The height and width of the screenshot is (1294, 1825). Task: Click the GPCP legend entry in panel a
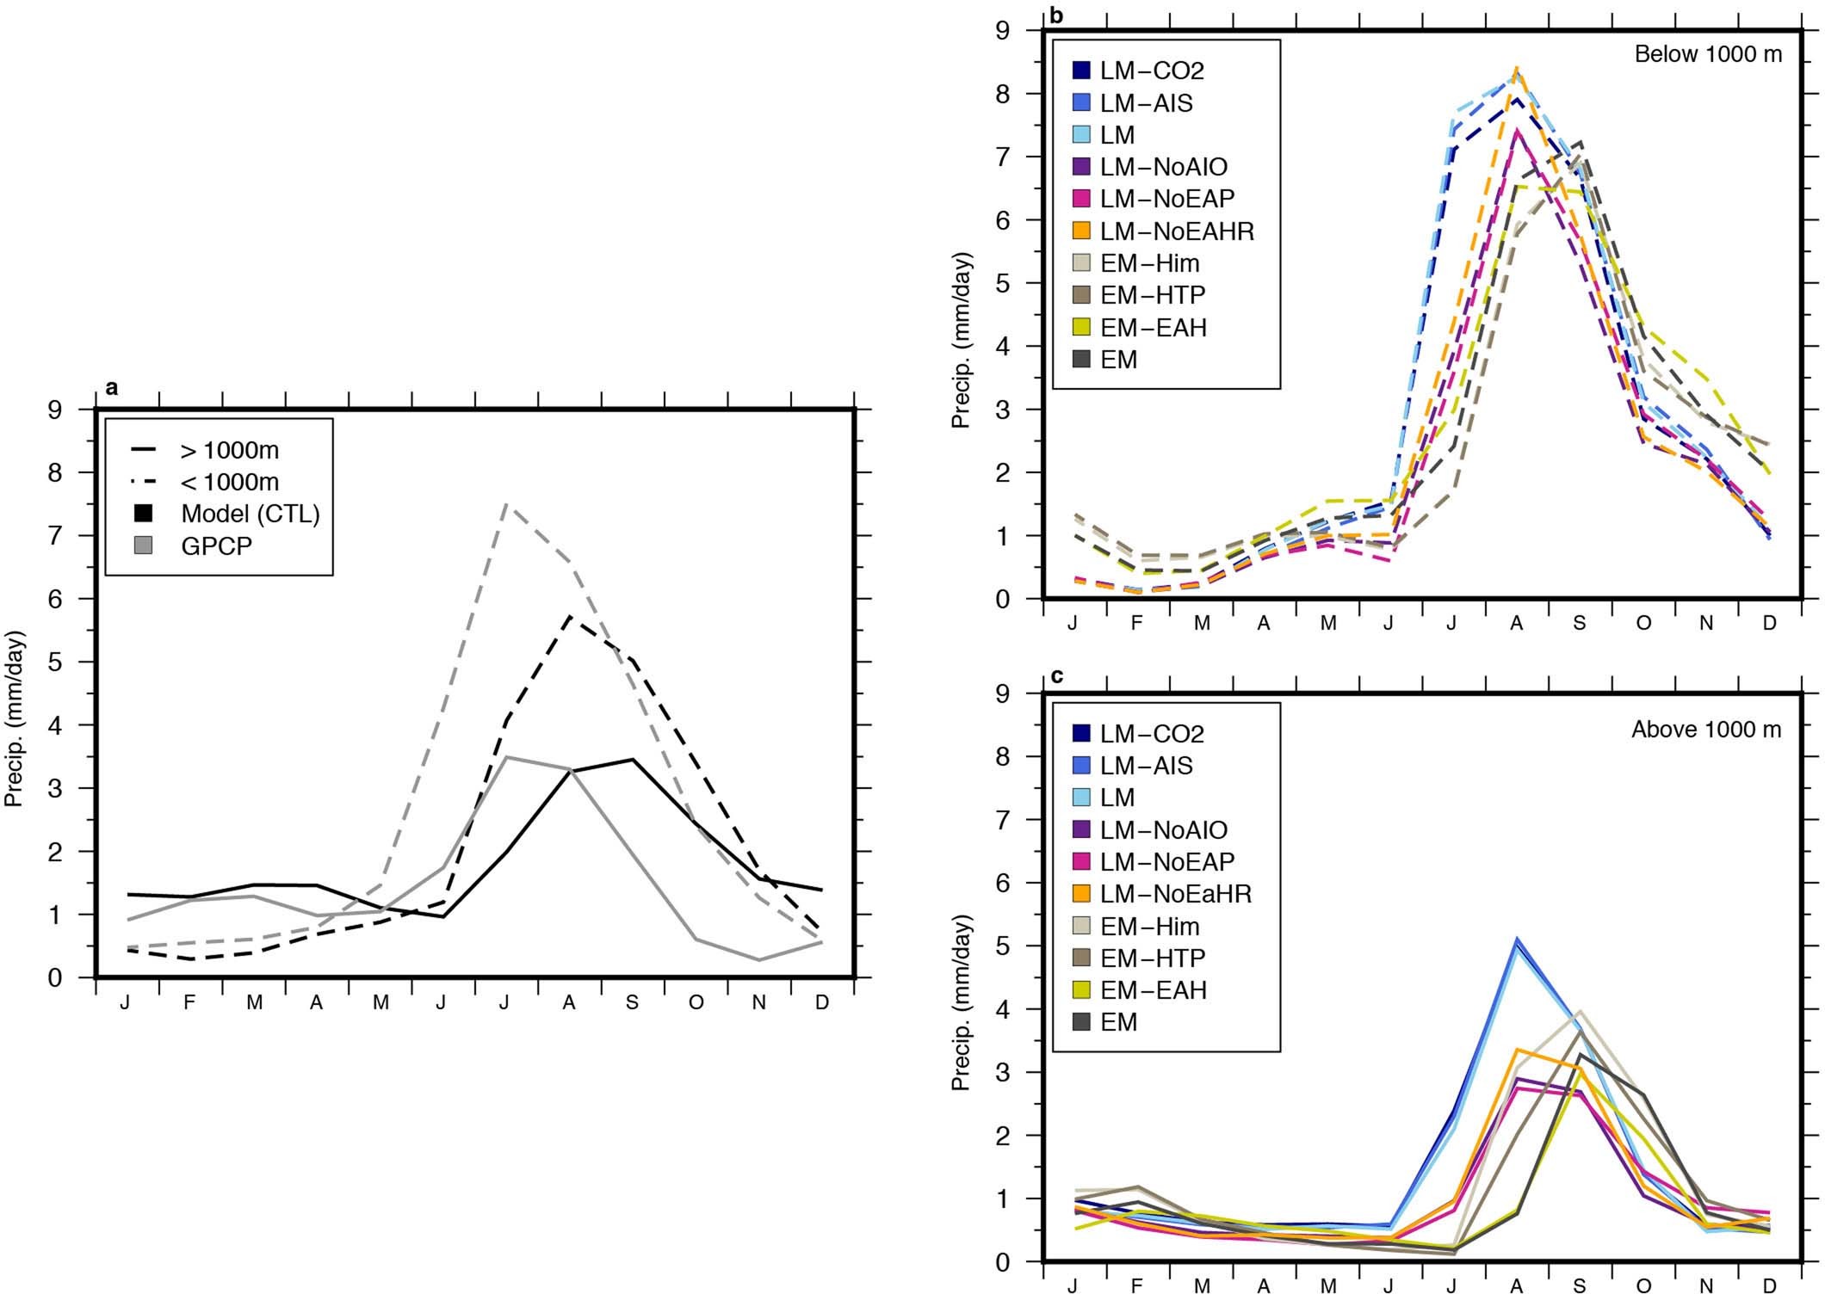click(x=216, y=545)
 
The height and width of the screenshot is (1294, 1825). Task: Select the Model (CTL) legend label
click(x=250, y=514)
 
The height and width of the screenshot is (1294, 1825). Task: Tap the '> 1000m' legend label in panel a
click(x=229, y=450)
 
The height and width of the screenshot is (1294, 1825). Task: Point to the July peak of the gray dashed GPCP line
click(x=505, y=504)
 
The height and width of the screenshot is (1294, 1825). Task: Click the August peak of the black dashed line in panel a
click(x=569, y=616)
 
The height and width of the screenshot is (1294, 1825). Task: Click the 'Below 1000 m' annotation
click(x=1708, y=54)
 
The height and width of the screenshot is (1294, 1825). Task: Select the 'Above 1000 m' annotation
click(x=1706, y=730)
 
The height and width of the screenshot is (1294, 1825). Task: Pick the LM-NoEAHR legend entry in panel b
click(x=1177, y=231)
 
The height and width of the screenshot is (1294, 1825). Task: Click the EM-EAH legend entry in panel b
click(x=1153, y=327)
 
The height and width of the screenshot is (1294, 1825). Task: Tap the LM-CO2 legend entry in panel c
click(x=1152, y=733)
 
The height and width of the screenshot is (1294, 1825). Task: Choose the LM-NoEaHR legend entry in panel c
click(x=1175, y=893)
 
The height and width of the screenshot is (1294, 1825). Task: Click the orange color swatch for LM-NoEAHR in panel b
click(x=1082, y=231)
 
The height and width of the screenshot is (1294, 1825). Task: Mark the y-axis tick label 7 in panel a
click(x=56, y=536)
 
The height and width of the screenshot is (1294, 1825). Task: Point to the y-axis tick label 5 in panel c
click(x=1004, y=946)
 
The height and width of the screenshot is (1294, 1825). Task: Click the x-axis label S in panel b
click(x=1579, y=624)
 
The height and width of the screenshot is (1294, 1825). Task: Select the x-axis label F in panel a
click(x=189, y=1003)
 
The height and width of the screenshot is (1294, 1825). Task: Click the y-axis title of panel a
click(x=14, y=718)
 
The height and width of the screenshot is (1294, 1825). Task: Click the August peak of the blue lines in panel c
click(x=1518, y=940)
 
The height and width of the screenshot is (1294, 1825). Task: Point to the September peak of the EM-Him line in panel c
click(x=1581, y=1011)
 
